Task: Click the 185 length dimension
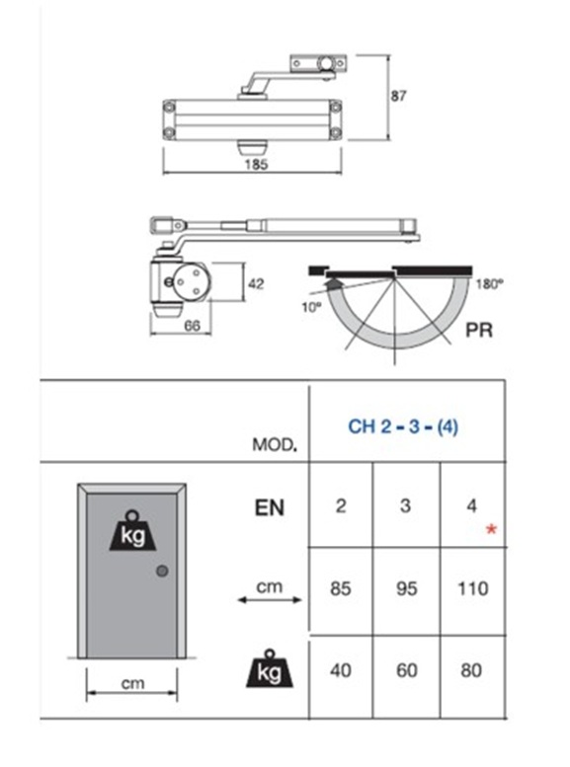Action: click(x=256, y=164)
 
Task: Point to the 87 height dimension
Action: click(x=399, y=96)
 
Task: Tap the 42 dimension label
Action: click(x=256, y=283)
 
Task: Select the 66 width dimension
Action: click(x=192, y=326)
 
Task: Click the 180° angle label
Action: click(x=489, y=284)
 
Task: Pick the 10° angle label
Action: click(x=311, y=308)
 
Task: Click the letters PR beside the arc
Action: click(x=479, y=331)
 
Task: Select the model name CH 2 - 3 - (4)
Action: click(x=403, y=426)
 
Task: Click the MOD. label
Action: click(x=275, y=444)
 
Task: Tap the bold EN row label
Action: click(x=270, y=507)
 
